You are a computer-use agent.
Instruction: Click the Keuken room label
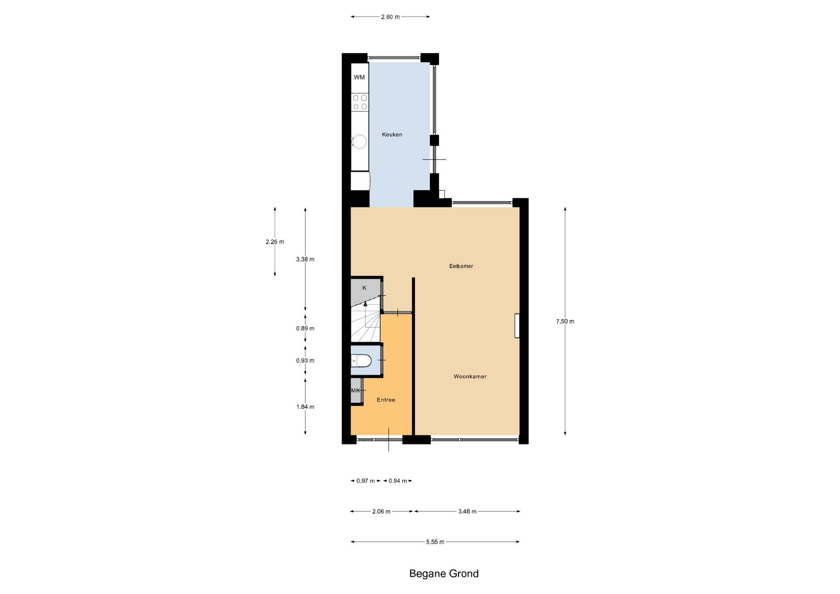(x=392, y=135)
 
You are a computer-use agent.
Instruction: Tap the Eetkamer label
(x=461, y=266)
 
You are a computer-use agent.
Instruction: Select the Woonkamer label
(x=470, y=376)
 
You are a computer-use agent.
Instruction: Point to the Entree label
(x=386, y=400)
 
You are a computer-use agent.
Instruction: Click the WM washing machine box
(x=360, y=77)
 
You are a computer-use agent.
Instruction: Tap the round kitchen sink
(x=360, y=141)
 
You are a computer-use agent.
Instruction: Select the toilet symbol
(x=361, y=361)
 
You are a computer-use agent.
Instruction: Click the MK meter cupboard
(x=356, y=391)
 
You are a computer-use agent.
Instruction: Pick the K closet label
(x=364, y=288)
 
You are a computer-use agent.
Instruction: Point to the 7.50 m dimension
(x=565, y=321)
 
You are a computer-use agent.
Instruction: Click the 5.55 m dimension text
(x=435, y=542)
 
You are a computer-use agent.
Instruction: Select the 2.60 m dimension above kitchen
(x=390, y=17)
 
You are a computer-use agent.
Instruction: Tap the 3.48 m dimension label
(x=467, y=511)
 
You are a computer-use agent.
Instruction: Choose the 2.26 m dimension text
(x=275, y=242)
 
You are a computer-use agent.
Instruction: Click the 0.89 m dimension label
(x=305, y=328)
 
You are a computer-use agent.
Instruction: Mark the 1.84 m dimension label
(x=305, y=407)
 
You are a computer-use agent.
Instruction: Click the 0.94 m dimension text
(x=398, y=481)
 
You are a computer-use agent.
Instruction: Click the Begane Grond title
(x=444, y=573)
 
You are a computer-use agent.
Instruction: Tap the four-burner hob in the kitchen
(x=360, y=102)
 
